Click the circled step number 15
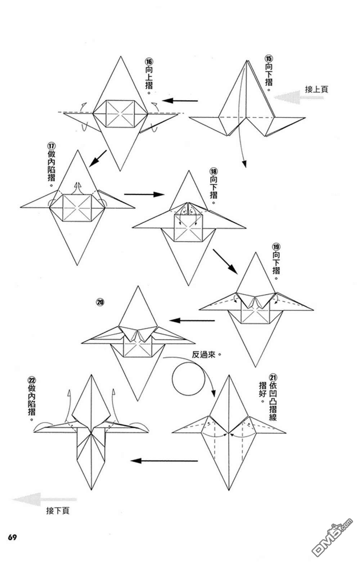tap(269, 59)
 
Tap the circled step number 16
tap(149, 62)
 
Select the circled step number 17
tap(51, 146)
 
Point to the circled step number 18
tap(213, 172)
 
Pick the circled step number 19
tap(276, 247)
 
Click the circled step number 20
tap(100, 302)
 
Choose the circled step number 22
tap(32, 380)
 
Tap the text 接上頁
tap(316, 89)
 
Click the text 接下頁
tap(58, 511)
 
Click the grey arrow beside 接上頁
tap(298, 97)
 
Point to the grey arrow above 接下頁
tap(44, 499)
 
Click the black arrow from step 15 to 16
tap(180, 101)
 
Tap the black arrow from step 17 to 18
tap(144, 194)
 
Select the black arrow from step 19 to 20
tap(192, 321)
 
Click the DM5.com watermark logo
tap(332, 534)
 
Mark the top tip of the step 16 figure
tap(121, 57)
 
